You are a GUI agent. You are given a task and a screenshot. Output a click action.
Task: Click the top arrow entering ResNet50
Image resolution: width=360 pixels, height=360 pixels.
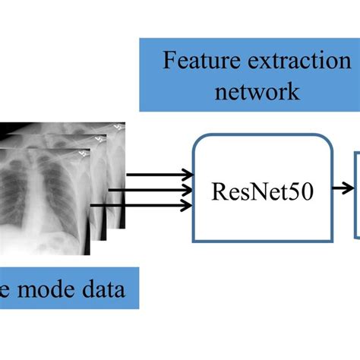pos(159,175)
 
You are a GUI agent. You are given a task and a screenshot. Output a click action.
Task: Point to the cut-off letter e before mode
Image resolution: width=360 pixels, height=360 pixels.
pos(6,291)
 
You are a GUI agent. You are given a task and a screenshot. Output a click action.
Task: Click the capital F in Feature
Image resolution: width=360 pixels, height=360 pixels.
pos(169,61)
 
